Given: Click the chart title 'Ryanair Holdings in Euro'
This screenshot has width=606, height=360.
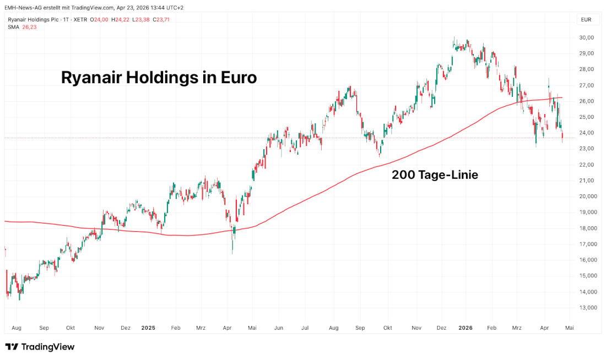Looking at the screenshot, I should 159,78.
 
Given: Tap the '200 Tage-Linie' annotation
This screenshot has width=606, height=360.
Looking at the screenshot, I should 435,175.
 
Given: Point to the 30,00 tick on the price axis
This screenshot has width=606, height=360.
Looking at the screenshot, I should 586,37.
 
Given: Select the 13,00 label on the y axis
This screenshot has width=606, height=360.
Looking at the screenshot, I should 586,308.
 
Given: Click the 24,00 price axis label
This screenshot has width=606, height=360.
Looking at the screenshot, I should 586,133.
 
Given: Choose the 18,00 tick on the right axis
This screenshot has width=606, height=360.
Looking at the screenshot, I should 586,228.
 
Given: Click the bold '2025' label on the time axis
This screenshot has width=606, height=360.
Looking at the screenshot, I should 148,328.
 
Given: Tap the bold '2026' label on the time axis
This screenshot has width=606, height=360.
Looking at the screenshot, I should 466,328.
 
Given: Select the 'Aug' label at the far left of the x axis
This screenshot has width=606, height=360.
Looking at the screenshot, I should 16,328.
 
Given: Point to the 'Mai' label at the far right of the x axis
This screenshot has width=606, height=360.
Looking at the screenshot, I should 570,328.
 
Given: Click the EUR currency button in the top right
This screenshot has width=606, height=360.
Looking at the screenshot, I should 586,20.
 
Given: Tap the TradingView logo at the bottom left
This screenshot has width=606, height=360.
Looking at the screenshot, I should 40,347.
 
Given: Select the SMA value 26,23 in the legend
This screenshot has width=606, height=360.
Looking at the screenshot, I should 29,26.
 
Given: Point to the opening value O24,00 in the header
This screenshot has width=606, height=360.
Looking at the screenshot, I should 100,19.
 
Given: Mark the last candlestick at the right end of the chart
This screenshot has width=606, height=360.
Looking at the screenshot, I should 562,136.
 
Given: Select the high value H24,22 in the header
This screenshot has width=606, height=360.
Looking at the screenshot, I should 121,19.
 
